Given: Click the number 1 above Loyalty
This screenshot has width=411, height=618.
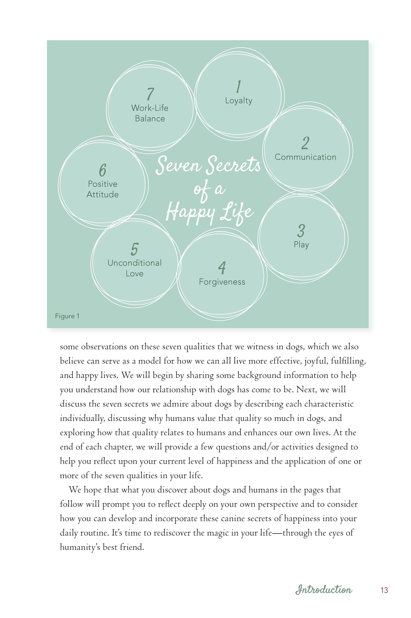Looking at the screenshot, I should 239,86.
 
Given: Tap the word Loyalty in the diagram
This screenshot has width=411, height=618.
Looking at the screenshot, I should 239,101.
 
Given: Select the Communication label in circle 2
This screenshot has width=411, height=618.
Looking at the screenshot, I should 305,157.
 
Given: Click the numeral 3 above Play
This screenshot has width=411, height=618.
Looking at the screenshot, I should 301,231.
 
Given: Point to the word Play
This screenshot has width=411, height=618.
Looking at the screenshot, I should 301,245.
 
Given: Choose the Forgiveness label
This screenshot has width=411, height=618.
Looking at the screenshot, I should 222,282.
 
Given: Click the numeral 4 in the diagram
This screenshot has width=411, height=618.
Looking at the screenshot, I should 222,268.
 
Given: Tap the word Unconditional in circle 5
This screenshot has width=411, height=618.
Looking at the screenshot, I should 135,263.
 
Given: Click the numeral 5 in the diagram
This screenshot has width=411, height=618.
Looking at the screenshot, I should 135,249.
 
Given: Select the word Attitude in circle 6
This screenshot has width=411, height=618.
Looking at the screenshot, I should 102,195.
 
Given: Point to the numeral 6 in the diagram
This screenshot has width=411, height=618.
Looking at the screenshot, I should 102,170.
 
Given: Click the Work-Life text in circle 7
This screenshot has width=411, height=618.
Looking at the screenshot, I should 150,108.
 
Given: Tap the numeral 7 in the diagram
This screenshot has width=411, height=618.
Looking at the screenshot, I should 150,94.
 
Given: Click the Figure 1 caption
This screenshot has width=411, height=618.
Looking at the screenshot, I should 67,316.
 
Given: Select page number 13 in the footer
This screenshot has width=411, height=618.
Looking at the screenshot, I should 384,590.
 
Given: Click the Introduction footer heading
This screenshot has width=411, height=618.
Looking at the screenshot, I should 323,590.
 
